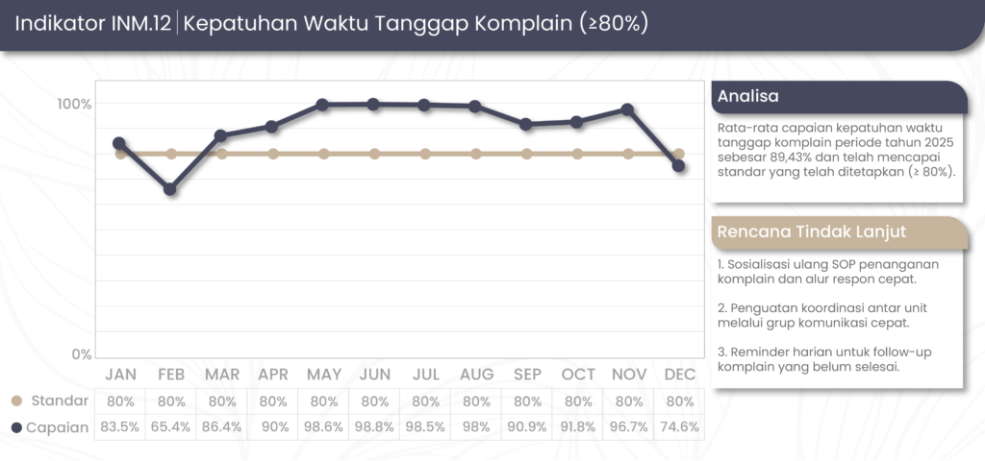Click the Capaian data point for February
(x=170, y=189)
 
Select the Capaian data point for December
(x=678, y=166)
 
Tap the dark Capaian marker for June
(x=373, y=104)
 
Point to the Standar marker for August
(x=475, y=154)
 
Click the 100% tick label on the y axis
(x=73, y=104)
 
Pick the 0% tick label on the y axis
(x=81, y=354)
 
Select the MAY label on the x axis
(x=323, y=374)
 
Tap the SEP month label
(x=526, y=374)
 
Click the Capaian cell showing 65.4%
(x=170, y=426)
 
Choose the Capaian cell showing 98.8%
(x=373, y=426)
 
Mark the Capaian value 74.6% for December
(x=678, y=426)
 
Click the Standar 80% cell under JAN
(x=120, y=400)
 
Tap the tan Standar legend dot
(x=16, y=400)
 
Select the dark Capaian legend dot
(x=16, y=426)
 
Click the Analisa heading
(x=748, y=96)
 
